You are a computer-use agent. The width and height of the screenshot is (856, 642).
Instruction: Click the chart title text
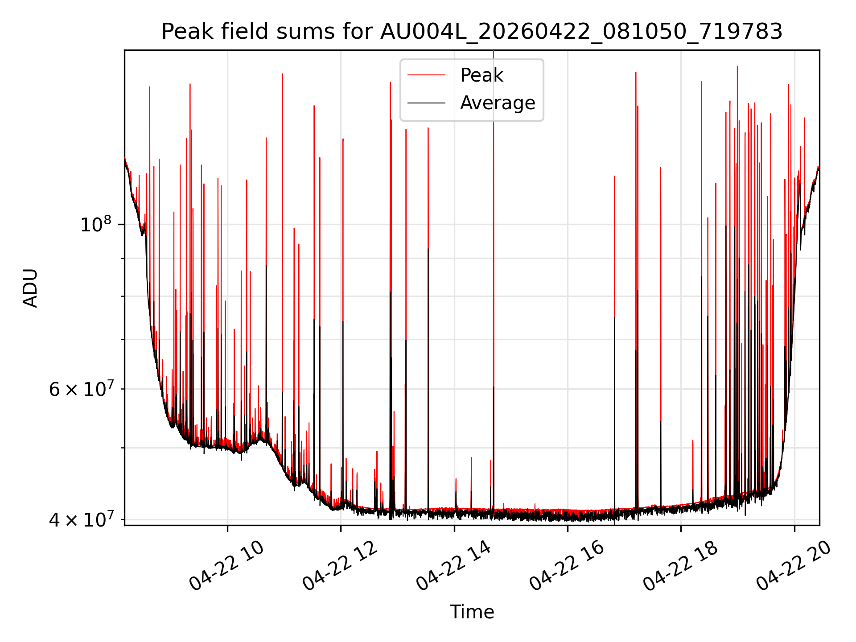(472, 32)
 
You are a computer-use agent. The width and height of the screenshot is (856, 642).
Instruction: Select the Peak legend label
(481, 75)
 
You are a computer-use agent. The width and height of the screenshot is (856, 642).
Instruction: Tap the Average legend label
(498, 103)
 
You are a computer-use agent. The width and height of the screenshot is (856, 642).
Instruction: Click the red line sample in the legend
(426, 75)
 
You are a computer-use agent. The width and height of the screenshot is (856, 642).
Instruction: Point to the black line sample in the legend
(426, 103)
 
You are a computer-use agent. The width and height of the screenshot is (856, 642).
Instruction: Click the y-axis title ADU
(30, 288)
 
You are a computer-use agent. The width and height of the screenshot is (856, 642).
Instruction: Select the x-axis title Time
(472, 612)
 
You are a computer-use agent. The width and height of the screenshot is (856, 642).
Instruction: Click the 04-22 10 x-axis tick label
(226, 566)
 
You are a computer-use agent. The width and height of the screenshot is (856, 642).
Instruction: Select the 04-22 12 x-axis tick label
(340, 566)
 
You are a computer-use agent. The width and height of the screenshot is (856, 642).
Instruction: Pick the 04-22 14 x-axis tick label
(453, 566)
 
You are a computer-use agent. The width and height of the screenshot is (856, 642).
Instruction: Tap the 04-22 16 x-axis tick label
(567, 566)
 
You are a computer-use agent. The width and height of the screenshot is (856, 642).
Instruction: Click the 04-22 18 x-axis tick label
(680, 566)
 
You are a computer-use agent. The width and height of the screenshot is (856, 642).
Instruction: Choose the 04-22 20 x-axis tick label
(794, 566)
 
